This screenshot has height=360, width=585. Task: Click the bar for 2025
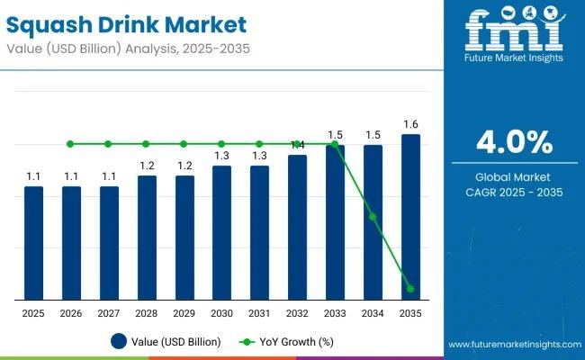pyautogui.click(x=33, y=243)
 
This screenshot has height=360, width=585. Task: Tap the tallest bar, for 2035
pyautogui.click(x=410, y=217)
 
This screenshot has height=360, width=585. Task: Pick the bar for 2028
pyautogui.click(x=147, y=238)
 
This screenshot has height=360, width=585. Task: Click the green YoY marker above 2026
pyautogui.click(x=71, y=144)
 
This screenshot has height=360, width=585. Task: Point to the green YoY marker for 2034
pyautogui.click(x=373, y=217)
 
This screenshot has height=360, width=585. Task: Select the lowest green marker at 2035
pyautogui.click(x=410, y=289)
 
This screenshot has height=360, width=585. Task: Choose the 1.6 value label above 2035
pyautogui.click(x=410, y=124)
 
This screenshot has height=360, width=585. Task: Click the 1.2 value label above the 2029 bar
pyautogui.click(x=184, y=166)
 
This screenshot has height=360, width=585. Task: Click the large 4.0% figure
pyautogui.click(x=514, y=143)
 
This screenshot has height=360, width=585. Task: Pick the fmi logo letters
pyautogui.click(x=514, y=31)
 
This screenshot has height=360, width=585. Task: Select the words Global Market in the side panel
pyautogui.click(x=514, y=176)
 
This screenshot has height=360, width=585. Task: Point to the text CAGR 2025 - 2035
pyautogui.click(x=514, y=192)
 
